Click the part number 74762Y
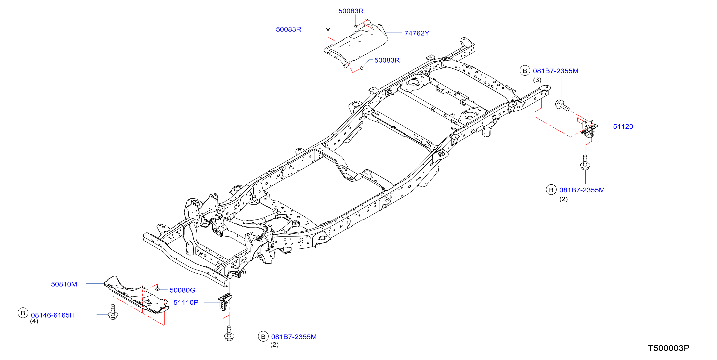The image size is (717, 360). (417, 33)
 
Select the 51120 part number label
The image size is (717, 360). (623, 127)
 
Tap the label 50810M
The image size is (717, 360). (64, 284)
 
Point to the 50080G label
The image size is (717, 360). (182, 290)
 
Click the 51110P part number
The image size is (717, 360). (186, 303)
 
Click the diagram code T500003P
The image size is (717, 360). (668, 348)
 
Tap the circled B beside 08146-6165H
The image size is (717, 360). (23, 313)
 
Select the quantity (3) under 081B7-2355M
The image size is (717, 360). (537, 80)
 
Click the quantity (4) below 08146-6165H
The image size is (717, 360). (34, 321)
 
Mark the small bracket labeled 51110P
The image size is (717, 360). (225, 302)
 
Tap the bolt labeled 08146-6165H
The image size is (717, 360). (113, 312)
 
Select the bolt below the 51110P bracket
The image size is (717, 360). (229, 333)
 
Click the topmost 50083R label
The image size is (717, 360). (351, 11)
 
